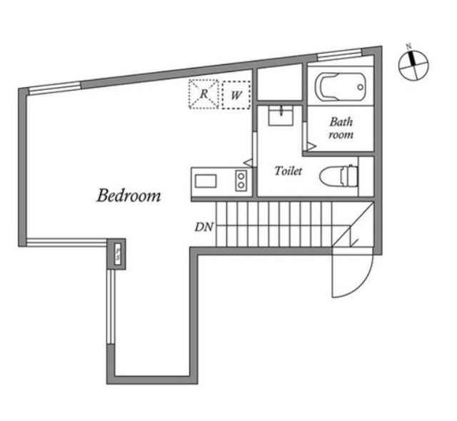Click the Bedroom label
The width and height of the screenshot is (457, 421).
pos(129,196)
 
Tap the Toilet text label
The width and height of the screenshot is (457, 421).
pos(288,171)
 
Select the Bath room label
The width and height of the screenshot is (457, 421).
pos(341,128)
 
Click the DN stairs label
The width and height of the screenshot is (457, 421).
pos(204,227)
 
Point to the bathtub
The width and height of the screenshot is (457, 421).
pos(340,87)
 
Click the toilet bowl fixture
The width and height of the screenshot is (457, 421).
pos(338,176)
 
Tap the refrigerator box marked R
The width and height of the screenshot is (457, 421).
pos(204,94)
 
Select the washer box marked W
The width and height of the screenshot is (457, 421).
pos(236,95)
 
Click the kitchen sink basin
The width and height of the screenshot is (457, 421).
pos(206,181)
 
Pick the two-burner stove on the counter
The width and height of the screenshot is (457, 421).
pos(241,181)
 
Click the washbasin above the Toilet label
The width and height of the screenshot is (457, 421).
pos(281,116)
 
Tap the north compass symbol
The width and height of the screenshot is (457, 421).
pos(413,65)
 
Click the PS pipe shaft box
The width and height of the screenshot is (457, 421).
pos(118,254)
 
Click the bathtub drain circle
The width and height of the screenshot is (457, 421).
pos(360,87)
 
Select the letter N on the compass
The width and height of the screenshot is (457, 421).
pos(409,46)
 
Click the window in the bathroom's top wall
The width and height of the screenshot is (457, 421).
pos(339,56)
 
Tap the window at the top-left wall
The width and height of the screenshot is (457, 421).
pos(54,88)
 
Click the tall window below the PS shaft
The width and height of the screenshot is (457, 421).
pos(111,307)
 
